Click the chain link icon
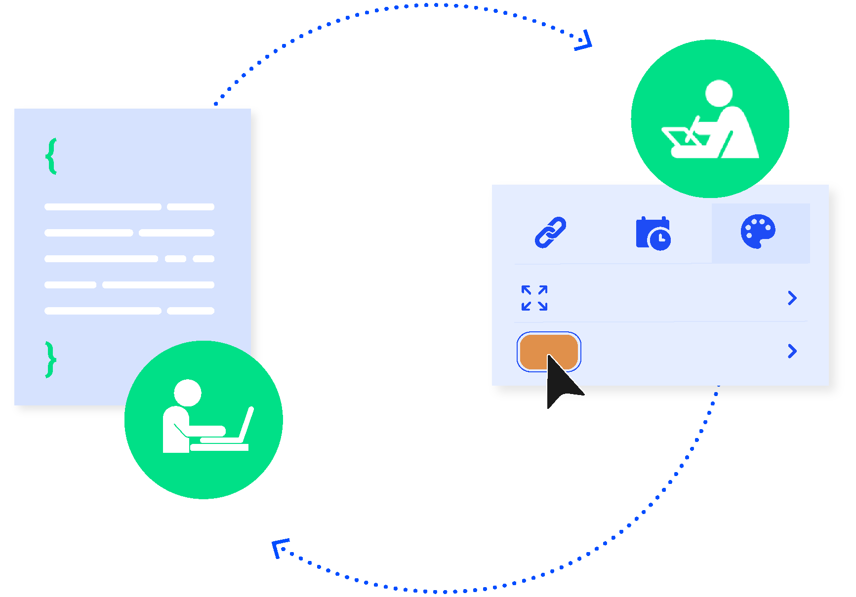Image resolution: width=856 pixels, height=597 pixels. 550,232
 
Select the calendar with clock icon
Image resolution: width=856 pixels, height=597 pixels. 653,234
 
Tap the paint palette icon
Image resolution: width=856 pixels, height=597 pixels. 758,231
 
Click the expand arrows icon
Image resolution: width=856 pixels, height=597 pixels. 534,298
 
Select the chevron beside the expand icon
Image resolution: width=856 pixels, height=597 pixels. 792,298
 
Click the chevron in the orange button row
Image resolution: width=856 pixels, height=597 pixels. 792,351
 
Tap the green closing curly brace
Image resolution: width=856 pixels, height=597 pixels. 50,359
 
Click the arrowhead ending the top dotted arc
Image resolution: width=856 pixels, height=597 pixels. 585,41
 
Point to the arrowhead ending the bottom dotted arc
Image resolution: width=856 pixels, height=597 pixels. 279,548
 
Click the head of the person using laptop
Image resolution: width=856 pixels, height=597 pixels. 188,393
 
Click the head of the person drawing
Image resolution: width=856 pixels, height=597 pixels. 719,93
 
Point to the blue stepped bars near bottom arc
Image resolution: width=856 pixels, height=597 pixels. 702,438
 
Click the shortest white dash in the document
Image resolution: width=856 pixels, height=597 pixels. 175,259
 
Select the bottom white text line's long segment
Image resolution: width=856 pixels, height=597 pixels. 103,311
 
